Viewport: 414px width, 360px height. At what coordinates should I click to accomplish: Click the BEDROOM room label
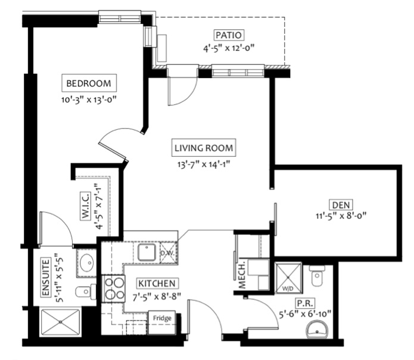point(89,83)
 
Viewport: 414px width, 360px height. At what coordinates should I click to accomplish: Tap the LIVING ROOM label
point(204,148)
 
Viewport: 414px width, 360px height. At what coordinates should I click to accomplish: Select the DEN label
point(341,205)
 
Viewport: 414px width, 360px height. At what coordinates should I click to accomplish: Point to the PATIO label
point(228,35)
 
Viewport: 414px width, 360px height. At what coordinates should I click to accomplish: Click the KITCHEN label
point(157,283)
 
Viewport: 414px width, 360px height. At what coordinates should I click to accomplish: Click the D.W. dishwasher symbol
point(168,253)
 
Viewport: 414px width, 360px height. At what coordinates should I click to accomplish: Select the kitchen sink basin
point(147,252)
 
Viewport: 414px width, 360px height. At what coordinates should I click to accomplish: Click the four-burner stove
point(113,288)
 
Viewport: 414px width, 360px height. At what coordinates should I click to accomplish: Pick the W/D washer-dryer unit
point(288,278)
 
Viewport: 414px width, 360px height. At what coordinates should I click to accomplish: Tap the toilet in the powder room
point(317,275)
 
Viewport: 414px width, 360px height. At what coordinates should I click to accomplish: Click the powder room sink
point(317,329)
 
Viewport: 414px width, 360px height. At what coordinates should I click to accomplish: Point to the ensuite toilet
point(86,291)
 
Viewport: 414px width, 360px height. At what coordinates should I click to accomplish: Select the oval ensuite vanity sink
point(87,262)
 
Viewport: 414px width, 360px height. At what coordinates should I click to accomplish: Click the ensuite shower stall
point(61,322)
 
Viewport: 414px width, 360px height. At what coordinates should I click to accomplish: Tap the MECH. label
point(242,274)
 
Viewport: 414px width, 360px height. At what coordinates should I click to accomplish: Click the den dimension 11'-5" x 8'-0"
point(341,216)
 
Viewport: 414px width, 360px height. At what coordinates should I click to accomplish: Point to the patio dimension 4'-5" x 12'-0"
point(228,48)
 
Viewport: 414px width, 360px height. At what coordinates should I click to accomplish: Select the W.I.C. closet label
point(86,206)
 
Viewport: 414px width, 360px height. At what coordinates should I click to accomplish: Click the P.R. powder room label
point(305,303)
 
